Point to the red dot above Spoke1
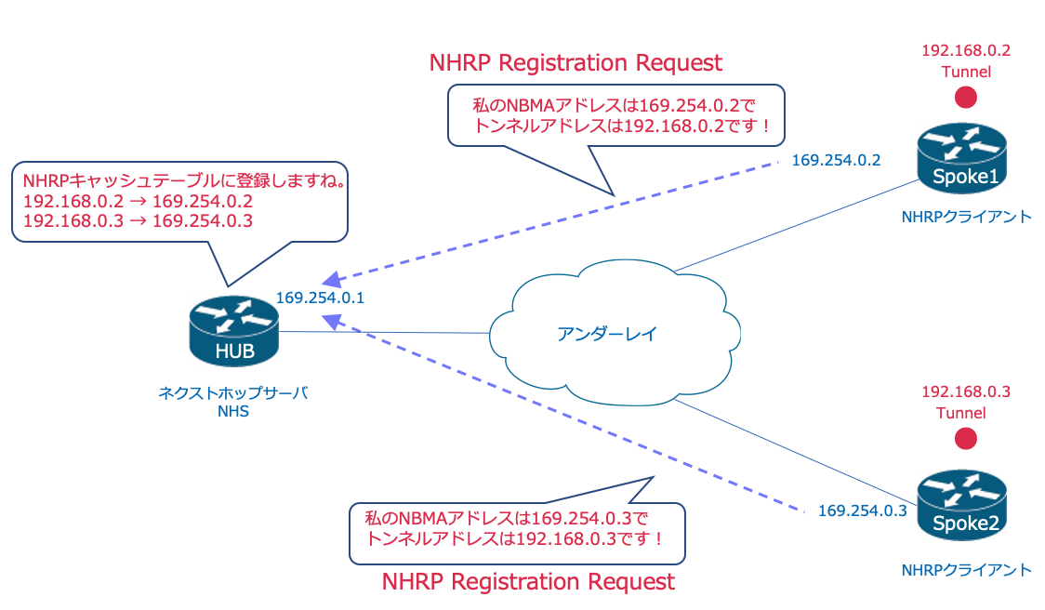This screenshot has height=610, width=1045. (966, 97)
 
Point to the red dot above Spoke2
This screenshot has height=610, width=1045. (966, 438)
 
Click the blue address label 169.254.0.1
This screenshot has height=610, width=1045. (320, 298)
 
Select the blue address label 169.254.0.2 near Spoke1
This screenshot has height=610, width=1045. (836, 160)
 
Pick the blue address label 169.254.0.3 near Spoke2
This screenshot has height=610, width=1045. (862, 510)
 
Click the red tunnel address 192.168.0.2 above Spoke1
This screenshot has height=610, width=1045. (966, 50)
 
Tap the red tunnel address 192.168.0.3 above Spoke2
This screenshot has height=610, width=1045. (966, 391)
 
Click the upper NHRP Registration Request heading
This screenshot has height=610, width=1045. (575, 63)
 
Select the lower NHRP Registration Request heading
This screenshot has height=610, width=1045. (528, 582)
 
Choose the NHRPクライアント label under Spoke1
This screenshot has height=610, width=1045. (966, 217)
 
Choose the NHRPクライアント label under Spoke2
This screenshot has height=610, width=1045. (966, 569)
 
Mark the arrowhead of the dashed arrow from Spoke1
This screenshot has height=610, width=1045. (329, 281)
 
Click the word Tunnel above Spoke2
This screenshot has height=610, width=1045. (966, 413)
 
